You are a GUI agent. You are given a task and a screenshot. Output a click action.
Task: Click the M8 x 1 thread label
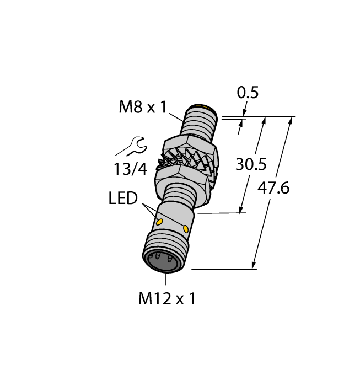tap(142, 107)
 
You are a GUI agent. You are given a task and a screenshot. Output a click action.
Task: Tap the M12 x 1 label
tap(166, 299)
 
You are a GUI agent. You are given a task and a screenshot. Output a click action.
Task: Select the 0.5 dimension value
tap(248, 93)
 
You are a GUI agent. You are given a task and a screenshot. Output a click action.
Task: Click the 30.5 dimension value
tap(251, 164)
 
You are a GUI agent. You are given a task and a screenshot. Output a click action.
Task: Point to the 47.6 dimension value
tap(274, 189)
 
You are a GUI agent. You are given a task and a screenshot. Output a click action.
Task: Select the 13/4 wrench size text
tap(131, 169)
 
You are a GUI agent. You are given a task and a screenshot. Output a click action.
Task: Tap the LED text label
tap(122, 198)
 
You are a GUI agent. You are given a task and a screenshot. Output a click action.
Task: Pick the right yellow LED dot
tap(186, 228)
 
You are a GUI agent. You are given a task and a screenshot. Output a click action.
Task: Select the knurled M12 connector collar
tap(165, 248)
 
